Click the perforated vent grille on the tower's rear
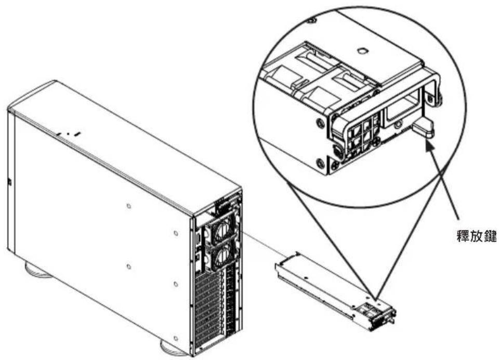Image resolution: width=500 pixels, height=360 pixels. point(208,311)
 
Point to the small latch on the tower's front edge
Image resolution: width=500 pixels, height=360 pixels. point(9,182)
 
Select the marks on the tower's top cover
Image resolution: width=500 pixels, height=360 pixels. point(69,134)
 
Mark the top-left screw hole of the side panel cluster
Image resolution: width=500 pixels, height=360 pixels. point(128,206)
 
